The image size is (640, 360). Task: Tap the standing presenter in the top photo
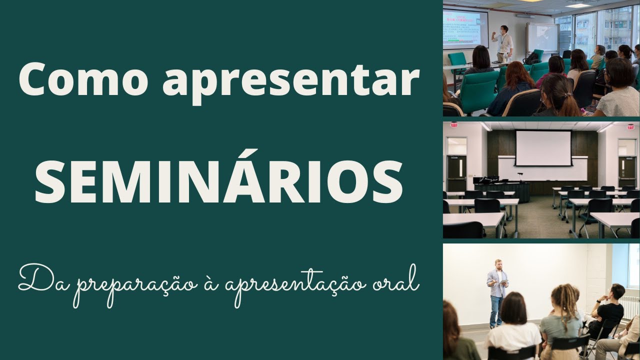[x=503, y=42]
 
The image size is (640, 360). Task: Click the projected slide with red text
[x=465, y=28]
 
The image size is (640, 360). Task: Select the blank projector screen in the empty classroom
[x=543, y=148]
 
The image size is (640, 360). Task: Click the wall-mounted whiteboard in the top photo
[x=542, y=37]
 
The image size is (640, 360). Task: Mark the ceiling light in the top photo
[x=578, y=5]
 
